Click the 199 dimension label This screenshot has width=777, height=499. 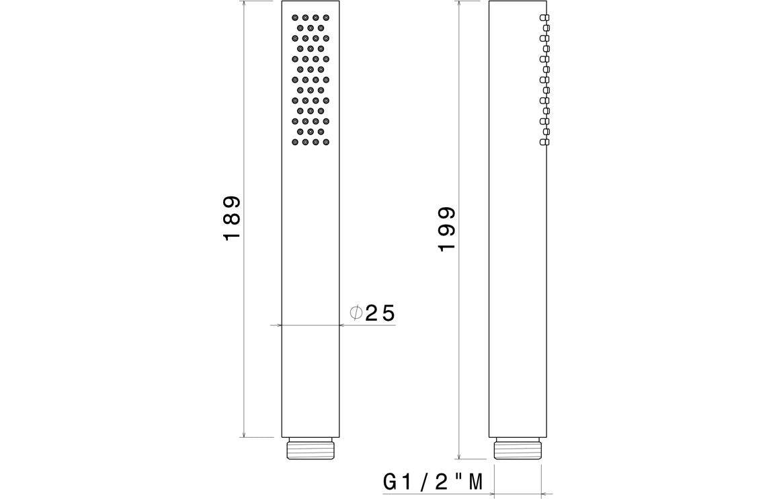point(447,229)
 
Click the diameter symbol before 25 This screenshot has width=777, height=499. point(356,313)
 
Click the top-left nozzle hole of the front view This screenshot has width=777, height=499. point(295,17)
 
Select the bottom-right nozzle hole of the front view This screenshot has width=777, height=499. point(326,143)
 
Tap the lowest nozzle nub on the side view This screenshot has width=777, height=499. point(545,141)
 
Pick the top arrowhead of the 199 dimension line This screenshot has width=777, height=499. point(458,5)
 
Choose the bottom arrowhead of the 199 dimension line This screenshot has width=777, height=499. point(458,455)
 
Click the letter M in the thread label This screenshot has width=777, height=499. point(476,482)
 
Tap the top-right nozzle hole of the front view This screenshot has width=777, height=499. point(326,17)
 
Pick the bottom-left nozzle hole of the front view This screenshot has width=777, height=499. point(295,143)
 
